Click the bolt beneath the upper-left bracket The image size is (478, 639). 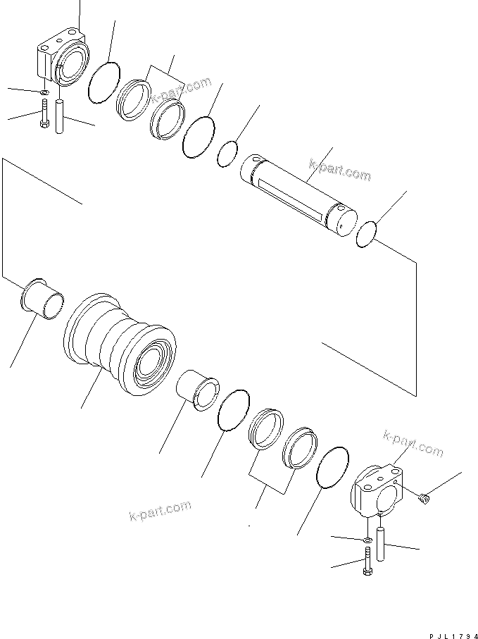click(45, 113)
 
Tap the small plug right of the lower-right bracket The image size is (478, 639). click(422, 498)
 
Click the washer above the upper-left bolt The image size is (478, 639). click(44, 92)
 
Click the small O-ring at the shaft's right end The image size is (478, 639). click(367, 235)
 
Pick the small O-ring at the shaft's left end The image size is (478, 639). click(227, 154)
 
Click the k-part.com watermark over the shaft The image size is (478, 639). click(339, 170)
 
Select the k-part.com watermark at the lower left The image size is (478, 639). click(160, 510)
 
